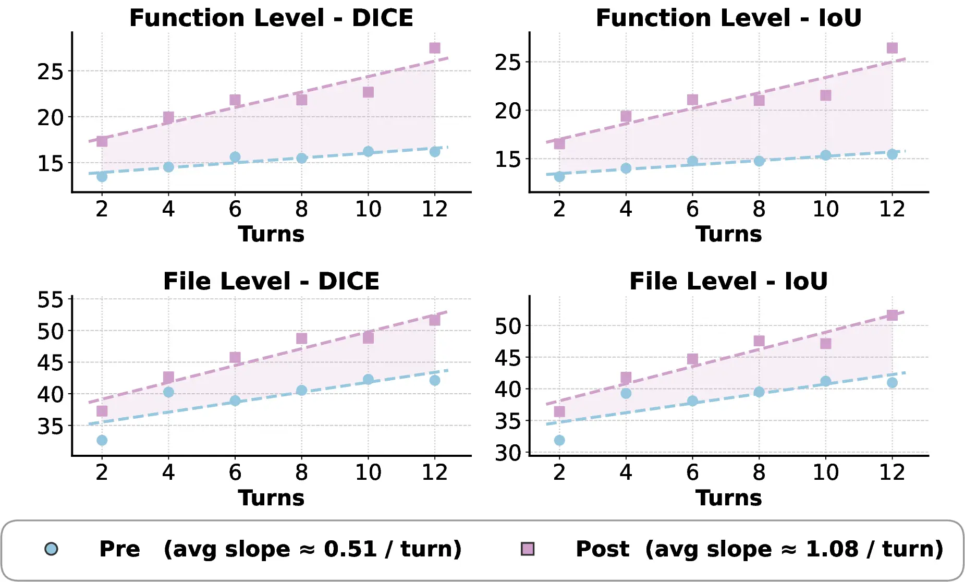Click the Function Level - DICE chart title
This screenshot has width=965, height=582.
(x=271, y=18)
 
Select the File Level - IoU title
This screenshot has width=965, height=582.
(x=728, y=282)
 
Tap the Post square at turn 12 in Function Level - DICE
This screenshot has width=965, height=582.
(x=435, y=48)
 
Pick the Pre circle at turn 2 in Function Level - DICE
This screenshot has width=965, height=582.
(x=102, y=177)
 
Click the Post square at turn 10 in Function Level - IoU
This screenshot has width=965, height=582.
(x=826, y=95)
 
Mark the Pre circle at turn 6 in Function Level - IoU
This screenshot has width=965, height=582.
(x=692, y=161)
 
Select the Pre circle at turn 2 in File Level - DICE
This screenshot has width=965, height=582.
(x=102, y=440)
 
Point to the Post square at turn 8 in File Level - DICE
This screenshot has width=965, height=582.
(x=302, y=338)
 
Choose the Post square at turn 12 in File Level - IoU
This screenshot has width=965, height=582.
(x=892, y=315)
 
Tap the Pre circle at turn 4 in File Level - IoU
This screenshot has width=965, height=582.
(x=626, y=393)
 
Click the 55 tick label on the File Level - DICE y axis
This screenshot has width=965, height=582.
(x=50, y=300)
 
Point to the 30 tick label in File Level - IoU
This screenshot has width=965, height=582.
(x=508, y=453)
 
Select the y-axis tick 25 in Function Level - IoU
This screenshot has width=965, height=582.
(x=508, y=63)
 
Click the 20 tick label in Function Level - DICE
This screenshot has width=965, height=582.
(x=50, y=118)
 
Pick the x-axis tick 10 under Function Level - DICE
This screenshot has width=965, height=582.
(x=368, y=209)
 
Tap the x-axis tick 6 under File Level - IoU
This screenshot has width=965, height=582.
(x=692, y=472)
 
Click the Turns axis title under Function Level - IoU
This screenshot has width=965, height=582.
(x=728, y=234)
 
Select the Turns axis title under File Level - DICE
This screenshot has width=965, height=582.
(x=271, y=498)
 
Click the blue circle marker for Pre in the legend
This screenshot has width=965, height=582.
(x=51, y=549)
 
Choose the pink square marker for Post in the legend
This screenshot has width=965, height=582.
(x=528, y=549)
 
